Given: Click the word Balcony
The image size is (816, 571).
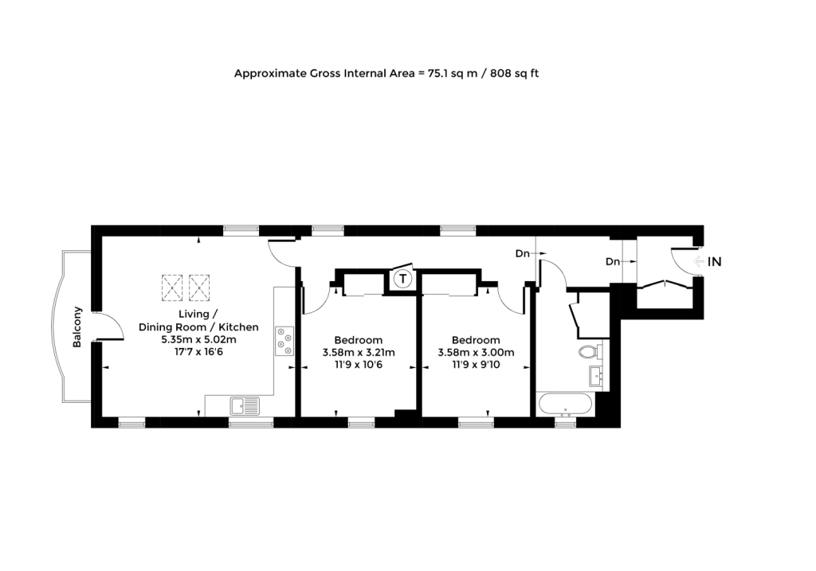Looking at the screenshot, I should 77,327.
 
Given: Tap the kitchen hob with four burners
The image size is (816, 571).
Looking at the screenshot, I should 284,340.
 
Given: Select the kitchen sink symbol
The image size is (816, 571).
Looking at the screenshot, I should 245,406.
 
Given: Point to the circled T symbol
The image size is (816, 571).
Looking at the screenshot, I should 404,279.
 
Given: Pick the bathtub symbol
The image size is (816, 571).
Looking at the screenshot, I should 565,404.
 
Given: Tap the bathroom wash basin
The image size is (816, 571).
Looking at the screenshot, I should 594,375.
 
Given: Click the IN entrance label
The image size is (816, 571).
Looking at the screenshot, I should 715,261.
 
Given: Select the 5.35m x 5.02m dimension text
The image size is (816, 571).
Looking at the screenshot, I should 198,339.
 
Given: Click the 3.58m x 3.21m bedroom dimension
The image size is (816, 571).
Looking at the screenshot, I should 358,353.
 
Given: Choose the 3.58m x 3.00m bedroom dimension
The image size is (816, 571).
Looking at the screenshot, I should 475,353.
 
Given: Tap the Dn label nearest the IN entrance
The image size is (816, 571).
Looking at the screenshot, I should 612,261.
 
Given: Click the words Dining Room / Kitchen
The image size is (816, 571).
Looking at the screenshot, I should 198,327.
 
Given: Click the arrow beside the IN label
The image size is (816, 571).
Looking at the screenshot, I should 699,261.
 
